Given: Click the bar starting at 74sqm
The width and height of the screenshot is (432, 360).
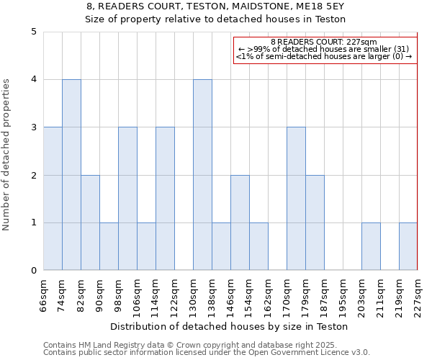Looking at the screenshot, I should click(71, 175).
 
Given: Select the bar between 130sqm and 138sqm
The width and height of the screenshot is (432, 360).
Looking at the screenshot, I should click(202, 175).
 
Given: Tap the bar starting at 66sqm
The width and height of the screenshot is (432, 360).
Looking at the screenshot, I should click(53, 199).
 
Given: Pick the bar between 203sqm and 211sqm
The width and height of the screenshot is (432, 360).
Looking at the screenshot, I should click(371, 246).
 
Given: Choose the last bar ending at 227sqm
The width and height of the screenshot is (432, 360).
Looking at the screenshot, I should click(408, 246).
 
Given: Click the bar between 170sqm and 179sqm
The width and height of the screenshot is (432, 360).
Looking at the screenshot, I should click(296, 199).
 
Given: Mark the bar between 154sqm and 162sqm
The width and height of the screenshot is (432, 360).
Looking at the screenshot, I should click(258, 246).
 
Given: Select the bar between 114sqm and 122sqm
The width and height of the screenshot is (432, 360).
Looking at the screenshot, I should click(165, 199).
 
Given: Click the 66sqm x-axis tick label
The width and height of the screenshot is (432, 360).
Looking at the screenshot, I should click(43, 294).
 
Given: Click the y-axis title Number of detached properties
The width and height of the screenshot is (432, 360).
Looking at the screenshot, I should click(8, 155).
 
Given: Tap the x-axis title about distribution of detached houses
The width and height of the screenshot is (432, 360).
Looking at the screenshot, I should click(230, 326).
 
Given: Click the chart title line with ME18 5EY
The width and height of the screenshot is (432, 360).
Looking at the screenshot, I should click(215, 6).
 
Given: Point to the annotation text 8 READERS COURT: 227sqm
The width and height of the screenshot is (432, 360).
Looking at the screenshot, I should click(324, 42).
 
